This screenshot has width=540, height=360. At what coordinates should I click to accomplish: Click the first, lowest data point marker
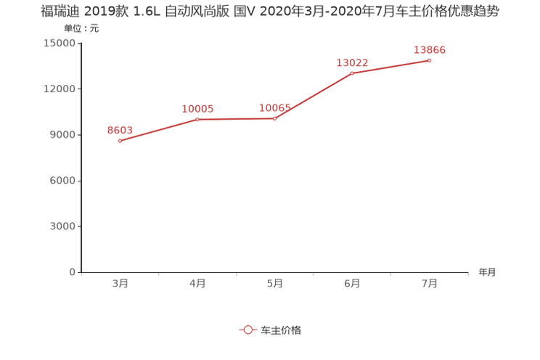[120, 140]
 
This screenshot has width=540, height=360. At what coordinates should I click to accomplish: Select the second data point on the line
[197, 118]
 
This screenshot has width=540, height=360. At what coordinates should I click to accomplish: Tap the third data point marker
[274, 118]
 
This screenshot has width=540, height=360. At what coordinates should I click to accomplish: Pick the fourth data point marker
[352, 73]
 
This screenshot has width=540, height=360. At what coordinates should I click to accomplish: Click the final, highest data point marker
[429, 60]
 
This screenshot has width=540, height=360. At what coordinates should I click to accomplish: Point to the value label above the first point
[120, 130]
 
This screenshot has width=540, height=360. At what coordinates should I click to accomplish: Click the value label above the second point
[197, 109]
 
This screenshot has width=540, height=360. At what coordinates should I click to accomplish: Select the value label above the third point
[275, 108]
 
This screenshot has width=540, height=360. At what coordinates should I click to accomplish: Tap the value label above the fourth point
[353, 62]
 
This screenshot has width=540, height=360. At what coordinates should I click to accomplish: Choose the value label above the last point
[430, 49]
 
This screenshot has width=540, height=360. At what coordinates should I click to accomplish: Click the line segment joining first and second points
[158, 129]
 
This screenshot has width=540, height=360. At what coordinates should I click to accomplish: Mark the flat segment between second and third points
[236, 118]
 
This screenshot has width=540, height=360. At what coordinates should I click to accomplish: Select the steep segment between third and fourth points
[314, 95]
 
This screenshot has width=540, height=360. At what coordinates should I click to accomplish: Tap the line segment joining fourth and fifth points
[390, 66]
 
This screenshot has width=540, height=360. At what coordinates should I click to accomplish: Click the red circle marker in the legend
[247, 330]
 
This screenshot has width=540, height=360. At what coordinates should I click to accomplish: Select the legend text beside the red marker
[280, 330]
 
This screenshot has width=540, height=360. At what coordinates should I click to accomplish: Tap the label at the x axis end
[486, 273]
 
